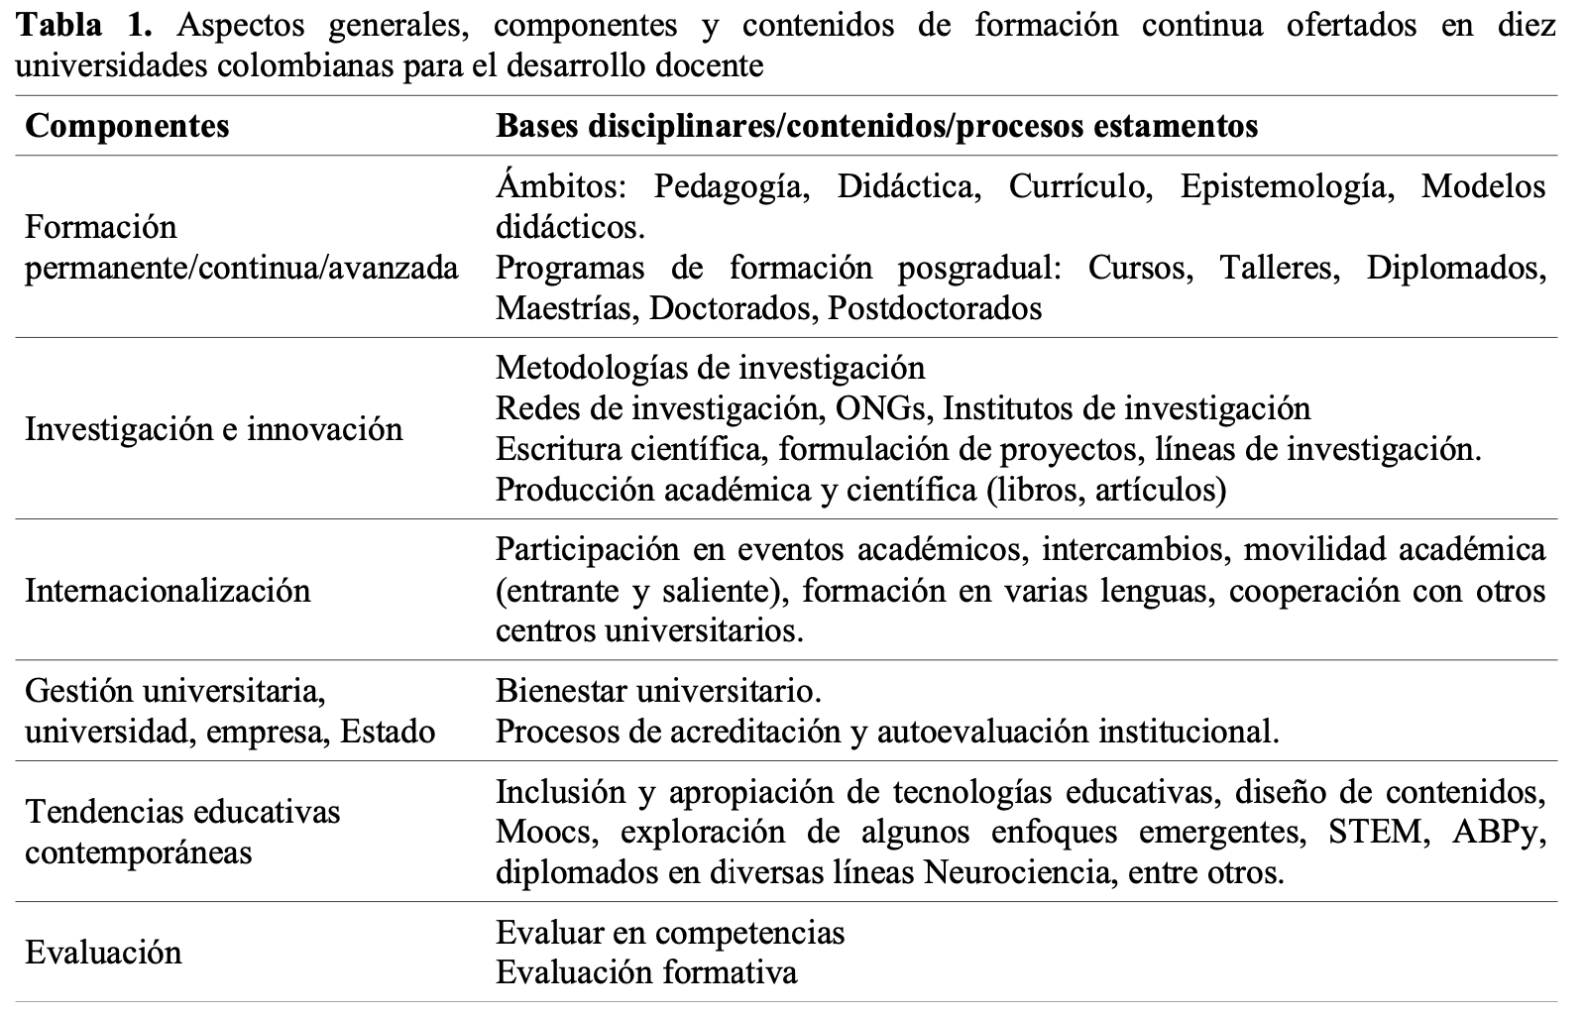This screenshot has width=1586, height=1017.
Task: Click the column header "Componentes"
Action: (x=127, y=126)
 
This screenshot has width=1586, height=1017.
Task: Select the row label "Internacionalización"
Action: (x=168, y=591)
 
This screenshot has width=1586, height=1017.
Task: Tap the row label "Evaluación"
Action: (x=103, y=953)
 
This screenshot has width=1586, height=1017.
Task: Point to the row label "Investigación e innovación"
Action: (x=214, y=429)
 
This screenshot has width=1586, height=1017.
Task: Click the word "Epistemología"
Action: (x=1283, y=186)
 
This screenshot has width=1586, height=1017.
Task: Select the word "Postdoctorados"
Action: (x=935, y=308)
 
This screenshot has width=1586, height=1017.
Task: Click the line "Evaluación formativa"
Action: (x=646, y=972)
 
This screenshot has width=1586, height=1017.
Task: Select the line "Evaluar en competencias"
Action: (x=670, y=932)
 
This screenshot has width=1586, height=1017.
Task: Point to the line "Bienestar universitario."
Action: (x=658, y=690)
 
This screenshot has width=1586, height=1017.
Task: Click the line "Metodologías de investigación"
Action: (x=710, y=367)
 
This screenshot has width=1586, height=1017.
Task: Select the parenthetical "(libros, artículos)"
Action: (x=1106, y=489)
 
